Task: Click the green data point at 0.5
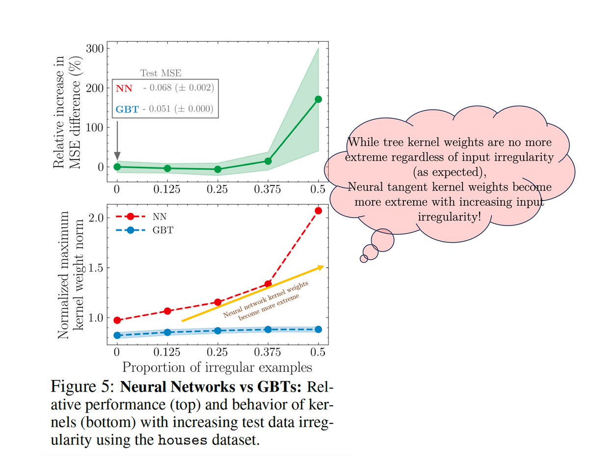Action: (318, 99)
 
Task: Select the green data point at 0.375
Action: (268, 161)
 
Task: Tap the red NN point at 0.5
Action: (318, 210)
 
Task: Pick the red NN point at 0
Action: (117, 320)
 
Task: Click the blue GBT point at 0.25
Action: (217, 331)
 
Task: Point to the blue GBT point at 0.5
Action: (318, 329)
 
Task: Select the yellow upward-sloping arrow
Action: (253, 293)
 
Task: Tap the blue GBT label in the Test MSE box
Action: (127, 109)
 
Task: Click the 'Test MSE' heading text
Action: (161, 74)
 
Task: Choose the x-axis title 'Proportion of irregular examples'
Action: (217, 367)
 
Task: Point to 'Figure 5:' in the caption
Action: (83, 388)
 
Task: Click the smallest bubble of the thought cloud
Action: (363, 258)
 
